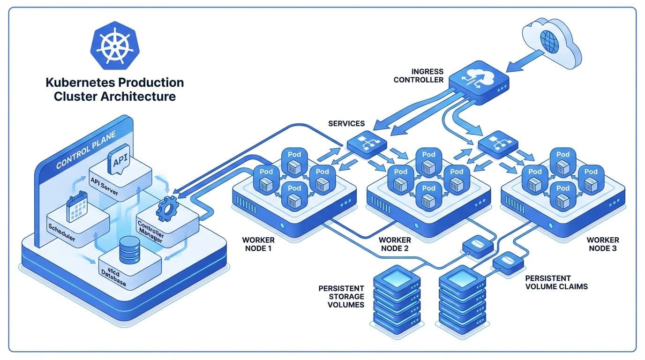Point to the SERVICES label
[346, 123]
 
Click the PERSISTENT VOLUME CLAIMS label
[556, 282]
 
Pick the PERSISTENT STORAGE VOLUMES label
[341, 296]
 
